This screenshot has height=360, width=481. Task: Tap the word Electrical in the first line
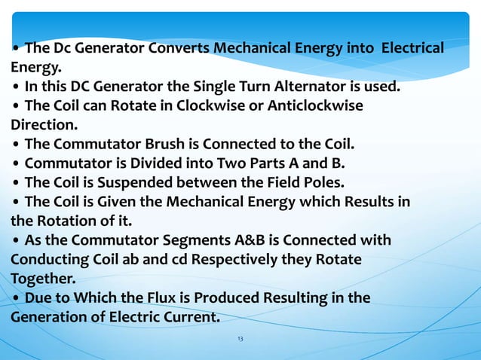tap(412, 49)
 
